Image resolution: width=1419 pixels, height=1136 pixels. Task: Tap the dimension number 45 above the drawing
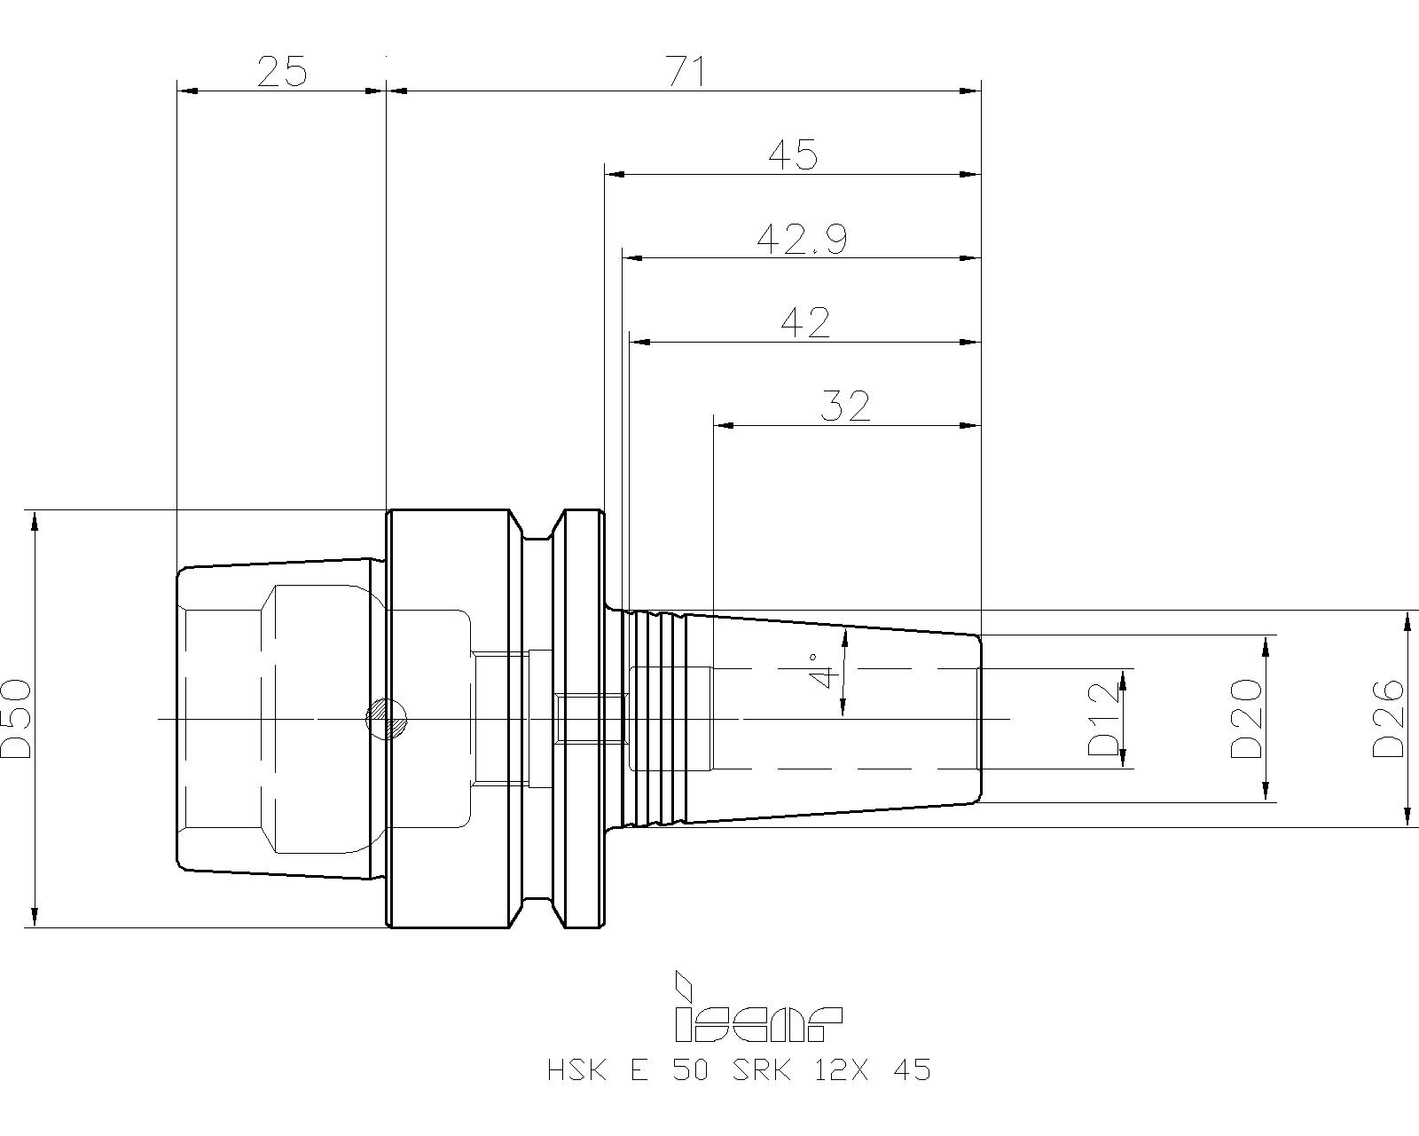click(x=793, y=154)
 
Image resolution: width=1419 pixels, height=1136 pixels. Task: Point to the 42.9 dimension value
click(x=802, y=239)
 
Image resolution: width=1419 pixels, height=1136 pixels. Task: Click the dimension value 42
click(x=805, y=323)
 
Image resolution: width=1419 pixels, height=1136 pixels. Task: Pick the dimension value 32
click(x=844, y=406)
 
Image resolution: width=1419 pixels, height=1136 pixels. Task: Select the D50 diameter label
click(x=16, y=719)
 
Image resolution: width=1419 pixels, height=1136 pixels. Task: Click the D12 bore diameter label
click(x=1104, y=719)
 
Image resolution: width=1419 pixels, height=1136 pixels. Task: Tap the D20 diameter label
click(x=1245, y=719)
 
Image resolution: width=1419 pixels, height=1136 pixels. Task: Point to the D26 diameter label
click(x=1387, y=718)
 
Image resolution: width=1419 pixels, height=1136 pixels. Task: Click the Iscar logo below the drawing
click(x=757, y=1006)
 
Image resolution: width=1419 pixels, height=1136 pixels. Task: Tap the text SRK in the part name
click(x=762, y=1070)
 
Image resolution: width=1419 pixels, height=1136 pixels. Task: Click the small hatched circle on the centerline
click(x=387, y=719)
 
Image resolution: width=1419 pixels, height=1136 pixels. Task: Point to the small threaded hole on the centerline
click(x=589, y=718)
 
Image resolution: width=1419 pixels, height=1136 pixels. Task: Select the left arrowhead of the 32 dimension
click(x=724, y=426)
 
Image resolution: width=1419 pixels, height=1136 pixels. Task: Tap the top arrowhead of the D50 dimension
click(x=35, y=521)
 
